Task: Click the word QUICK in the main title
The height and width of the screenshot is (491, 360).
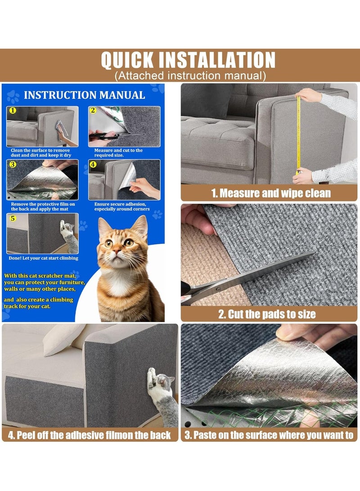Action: [128, 60]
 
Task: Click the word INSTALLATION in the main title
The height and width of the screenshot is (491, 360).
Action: [216, 60]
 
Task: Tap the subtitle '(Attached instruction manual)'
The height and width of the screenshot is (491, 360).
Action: [190, 76]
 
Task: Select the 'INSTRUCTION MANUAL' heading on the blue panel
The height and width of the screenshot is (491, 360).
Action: [84, 95]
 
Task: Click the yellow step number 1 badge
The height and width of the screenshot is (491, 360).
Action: [12, 110]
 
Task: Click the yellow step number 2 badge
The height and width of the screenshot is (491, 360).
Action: [93, 110]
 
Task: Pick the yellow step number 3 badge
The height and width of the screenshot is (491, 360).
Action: [12, 164]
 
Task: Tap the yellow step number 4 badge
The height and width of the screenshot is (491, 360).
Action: [93, 164]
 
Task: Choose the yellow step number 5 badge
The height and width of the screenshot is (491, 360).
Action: [12, 218]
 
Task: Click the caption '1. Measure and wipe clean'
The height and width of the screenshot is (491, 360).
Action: [271, 194]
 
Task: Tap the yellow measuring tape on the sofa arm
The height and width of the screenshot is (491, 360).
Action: [298, 135]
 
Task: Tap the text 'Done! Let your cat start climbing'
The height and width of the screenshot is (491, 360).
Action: [43, 258]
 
